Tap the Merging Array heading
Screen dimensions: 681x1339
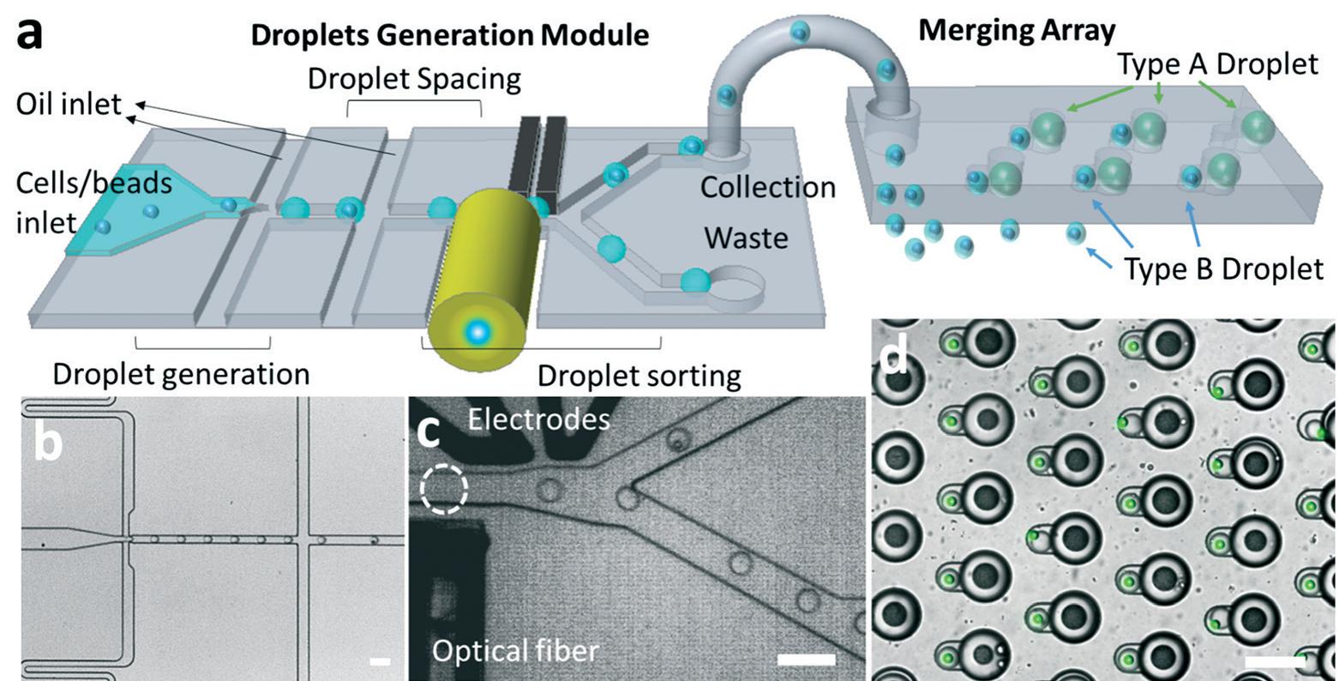tap(1017, 31)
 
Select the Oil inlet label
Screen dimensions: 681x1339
tap(69, 105)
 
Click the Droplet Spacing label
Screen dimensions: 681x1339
tap(414, 78)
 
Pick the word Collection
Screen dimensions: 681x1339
tap(767, 187)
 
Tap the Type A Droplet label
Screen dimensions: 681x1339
tap(1218, 64)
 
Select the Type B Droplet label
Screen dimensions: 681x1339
tap(1223, 268)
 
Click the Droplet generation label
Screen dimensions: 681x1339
tap(181, 374)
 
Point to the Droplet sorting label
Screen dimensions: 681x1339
tap(639, 376)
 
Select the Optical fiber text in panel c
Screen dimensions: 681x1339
tap(514, 651)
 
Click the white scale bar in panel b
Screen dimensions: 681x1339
tap(380, 661)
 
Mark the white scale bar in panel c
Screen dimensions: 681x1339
tap(806, 659)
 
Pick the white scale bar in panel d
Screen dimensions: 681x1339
tap(1274, 660)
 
